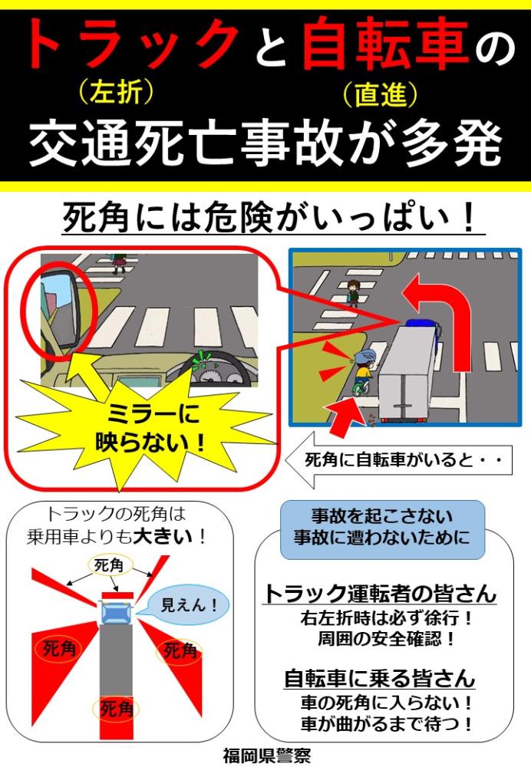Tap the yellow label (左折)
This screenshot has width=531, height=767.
point(117,92)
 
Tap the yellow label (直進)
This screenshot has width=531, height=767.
point(381,94)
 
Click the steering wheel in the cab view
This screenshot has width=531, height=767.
point(216,370)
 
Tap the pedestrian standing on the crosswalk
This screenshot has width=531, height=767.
point(353,292)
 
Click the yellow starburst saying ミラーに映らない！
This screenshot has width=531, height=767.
point(147,428)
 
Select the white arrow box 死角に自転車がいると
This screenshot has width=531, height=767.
point(398,460)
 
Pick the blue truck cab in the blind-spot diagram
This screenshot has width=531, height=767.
point(116,612)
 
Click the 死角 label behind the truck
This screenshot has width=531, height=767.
point(116,708)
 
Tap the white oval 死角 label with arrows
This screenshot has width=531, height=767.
point(109,566)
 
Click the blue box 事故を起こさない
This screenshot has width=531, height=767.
point(381,528)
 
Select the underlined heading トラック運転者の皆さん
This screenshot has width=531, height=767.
point(380,594)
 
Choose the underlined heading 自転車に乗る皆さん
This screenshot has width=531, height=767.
point(380,678)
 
